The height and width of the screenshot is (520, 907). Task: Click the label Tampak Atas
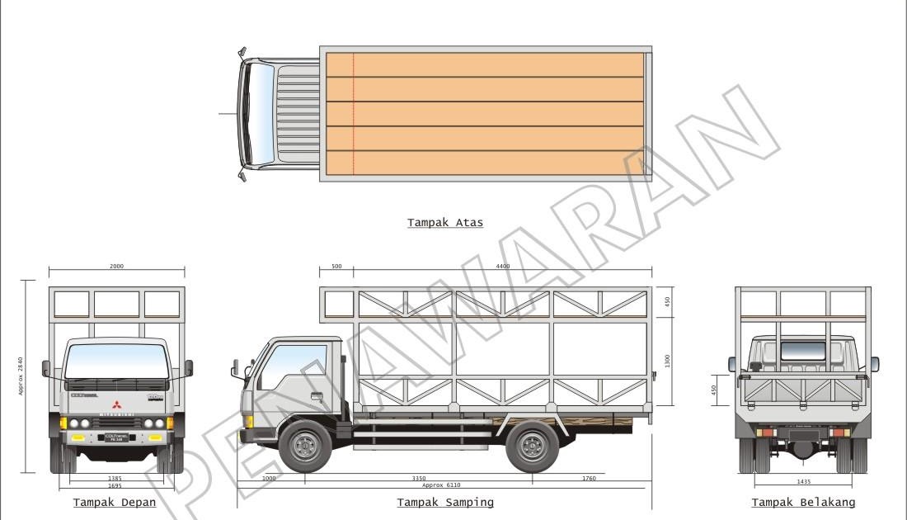point(445,222)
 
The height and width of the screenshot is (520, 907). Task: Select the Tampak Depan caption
point(115,502)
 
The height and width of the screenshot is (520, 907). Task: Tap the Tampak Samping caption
point(445,502)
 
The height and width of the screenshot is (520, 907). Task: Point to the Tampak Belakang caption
point(803,502)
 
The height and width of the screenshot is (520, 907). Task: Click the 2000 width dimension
point(116,267)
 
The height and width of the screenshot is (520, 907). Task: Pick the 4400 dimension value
point(502,267)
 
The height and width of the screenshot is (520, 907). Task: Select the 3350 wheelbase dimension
point(418,478)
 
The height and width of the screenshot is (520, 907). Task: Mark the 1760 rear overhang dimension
point(589,478)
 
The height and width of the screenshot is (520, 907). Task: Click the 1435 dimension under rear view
point(803,480)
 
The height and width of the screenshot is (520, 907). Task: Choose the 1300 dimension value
point(668,361)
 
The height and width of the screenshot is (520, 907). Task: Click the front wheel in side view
point(305,446)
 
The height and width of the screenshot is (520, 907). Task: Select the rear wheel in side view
point(532,446)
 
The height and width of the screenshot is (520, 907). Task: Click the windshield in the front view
point(116,361)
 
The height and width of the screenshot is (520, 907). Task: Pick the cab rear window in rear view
point(803,351)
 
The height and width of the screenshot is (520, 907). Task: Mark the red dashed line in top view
point(354,114)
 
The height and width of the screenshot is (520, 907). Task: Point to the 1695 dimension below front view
point(116,486)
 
